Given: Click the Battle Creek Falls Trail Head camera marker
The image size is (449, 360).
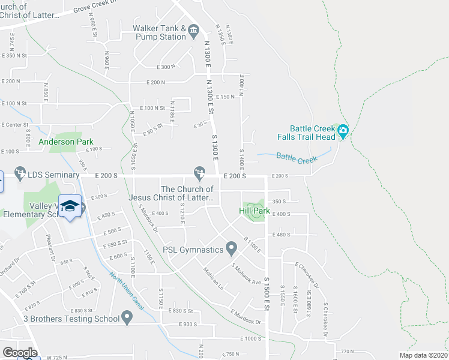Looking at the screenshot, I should click(343, 130).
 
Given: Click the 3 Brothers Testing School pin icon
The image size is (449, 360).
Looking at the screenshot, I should click(127, 317).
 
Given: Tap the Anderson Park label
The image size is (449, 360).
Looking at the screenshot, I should click(66, 142).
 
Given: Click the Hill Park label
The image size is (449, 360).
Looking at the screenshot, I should click(254, 211).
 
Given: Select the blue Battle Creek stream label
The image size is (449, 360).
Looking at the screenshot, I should click(297, 158).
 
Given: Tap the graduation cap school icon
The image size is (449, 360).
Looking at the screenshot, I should click(70, 205).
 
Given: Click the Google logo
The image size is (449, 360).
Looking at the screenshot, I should click(19, 352).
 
